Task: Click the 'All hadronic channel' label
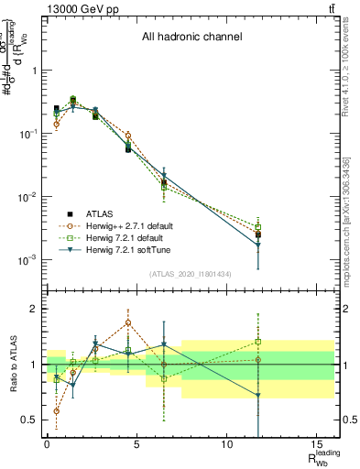pos(191,38)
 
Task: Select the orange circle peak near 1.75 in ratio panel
pos(128,322)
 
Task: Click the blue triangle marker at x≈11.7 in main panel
pos(258,245)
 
